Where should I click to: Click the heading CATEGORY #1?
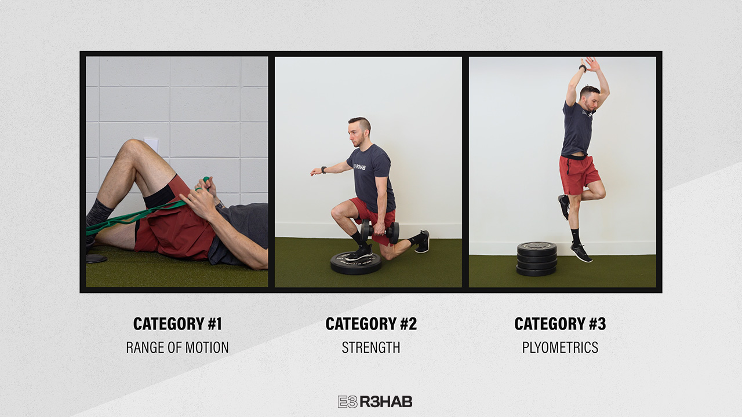pos(177,324)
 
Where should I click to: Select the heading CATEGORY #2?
pos(371,324)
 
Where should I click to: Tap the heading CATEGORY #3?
pos(560,324)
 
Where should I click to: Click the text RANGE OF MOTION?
pos(177,348)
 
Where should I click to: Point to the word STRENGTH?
pos(371,348)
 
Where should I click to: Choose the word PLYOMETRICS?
pos(560,348)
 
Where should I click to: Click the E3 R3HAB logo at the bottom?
pos(375,401)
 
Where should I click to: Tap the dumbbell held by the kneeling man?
pos(380,231)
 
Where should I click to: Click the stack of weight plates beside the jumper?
pos(537,259)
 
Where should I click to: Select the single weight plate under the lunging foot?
pos(356,263)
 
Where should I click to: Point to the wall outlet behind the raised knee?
pos(151,145)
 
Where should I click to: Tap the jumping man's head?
pos(590,98)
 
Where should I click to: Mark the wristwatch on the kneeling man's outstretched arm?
pos(323,170)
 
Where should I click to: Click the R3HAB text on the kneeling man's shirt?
pos(360,167)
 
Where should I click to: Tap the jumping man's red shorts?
pos(578,174)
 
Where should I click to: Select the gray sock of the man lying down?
pos(98,214)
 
